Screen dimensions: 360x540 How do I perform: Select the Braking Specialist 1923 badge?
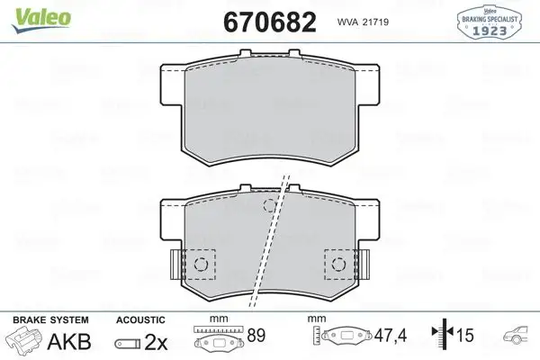490,22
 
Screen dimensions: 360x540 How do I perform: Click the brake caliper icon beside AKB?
25,341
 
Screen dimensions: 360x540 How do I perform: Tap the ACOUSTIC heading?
140,319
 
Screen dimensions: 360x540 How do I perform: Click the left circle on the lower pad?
202,264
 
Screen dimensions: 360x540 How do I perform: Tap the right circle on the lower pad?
338,264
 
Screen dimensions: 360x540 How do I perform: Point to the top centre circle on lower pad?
269,206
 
